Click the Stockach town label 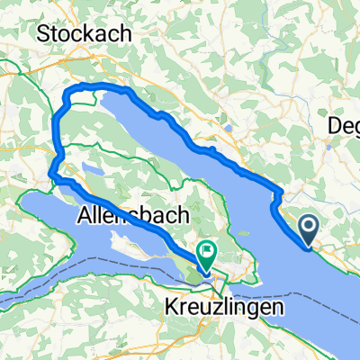(x=85, y=32)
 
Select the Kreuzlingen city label (x=225, y=306)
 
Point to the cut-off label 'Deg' (x=343, y=125)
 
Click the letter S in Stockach (x=43, y=32)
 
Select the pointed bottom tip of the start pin (x=308, y=246)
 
